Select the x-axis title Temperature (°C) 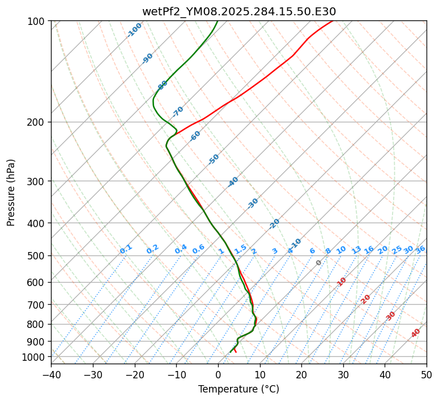tap(238, 390)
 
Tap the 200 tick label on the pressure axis tap(37, 122)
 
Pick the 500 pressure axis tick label tap(37, 256)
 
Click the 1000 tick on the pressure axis tap(35, 357)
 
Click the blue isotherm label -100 tap(134, 30)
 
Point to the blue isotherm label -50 tap(214, 159)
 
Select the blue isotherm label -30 tap(253, 203)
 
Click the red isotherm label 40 tap(416, 333)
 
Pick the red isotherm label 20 tap(366, 299)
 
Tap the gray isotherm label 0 tap(319, 263)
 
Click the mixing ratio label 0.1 tap(126, 249)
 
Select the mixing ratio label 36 tap(420, 249)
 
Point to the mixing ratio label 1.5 tap(240, 249)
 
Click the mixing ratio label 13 tap(356, 250)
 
